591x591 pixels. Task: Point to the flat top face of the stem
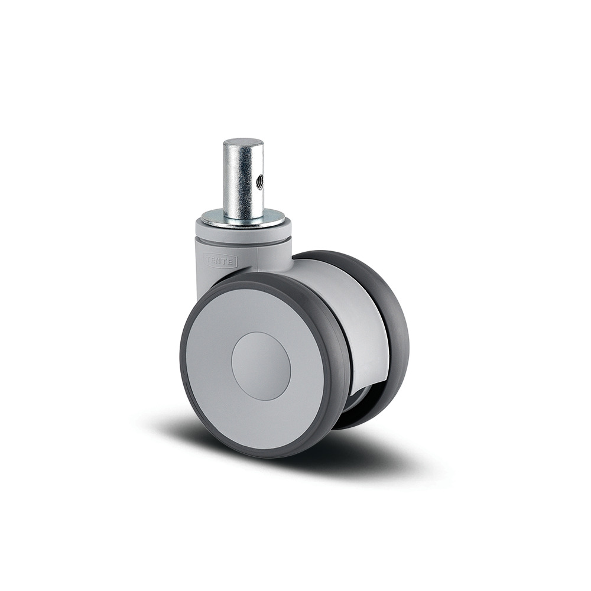click(243, 143)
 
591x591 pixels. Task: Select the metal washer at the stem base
click(243, 219)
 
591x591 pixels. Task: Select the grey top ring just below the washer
click(243, 231)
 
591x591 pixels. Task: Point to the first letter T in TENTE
click(207, 259)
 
